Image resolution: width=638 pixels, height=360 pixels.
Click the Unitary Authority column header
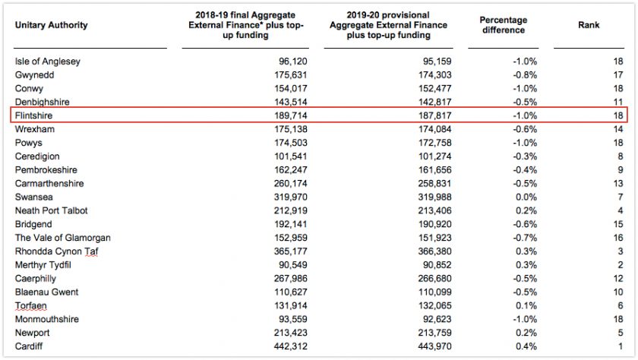[x=52, y=25]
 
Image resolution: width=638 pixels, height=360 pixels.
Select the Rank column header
[x=589, y=25]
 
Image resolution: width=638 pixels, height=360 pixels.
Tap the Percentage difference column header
[x=504, y=25]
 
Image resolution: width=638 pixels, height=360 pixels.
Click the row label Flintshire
[x=33, y=115]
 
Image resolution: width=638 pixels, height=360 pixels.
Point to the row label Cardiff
[x=29, y=346]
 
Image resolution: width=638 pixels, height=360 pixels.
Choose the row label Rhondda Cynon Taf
[x=56, y=251]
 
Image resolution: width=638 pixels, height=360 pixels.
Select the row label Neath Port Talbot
[x=52, y=210]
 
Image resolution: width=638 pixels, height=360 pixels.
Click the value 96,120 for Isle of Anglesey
[x=293, y=62]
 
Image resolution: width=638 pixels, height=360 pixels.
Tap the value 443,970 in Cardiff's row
[x=434, y=346]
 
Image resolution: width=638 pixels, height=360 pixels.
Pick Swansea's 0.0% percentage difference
[x=526, y=197]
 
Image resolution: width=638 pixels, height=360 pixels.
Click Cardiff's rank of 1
[x=621, y=346]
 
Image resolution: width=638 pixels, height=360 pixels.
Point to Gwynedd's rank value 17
[x=618, y=75]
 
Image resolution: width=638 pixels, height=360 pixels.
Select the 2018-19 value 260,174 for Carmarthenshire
[x=290, y=184]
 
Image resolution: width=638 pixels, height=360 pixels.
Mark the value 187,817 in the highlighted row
[x=434, y=115]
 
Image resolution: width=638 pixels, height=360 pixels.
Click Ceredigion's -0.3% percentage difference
[x=525, y=156]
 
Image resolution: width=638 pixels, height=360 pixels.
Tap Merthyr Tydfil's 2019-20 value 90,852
[x=437, y=265]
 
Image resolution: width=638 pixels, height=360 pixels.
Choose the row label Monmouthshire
[x=47, y=319]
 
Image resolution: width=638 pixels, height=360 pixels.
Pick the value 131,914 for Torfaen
[x=290, y=305]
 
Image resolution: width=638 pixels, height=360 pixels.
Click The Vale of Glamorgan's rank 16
[x=618, y=238]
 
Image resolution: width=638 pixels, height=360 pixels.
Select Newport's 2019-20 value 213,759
[x=434, y=333]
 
